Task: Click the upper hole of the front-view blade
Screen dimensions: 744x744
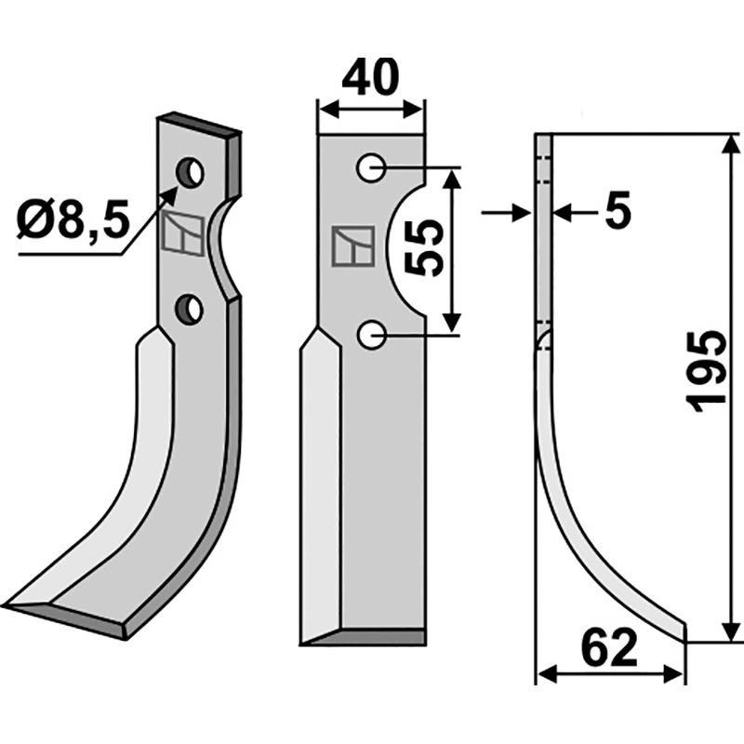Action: [x=372, y=168]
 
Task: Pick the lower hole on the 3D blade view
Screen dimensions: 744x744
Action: [x=191, y=309]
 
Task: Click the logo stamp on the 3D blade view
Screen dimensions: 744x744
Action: [x=180, y=232]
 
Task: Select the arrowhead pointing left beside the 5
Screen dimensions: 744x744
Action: [x=561, y=213]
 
